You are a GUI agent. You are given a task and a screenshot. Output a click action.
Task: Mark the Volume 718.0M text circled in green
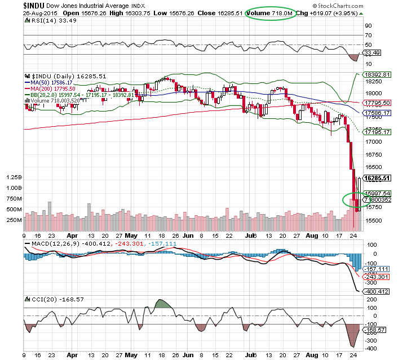pos(271,12)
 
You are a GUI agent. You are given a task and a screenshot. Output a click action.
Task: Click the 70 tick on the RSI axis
pos(368,34)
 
